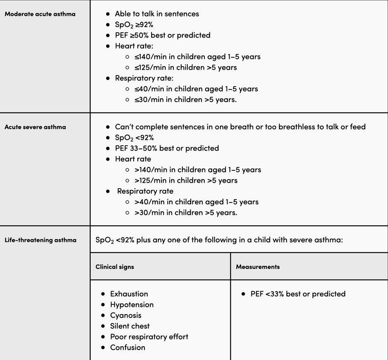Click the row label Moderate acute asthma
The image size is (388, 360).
coord(40,14)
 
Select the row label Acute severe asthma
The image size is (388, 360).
coord(35,127)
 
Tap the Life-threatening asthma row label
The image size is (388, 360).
coord(40,240)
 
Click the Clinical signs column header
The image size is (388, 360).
coord(115,267)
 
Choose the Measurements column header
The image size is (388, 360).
coord(258,267)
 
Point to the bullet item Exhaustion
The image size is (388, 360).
coord(129,294)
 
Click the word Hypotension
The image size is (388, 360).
coord(132,305)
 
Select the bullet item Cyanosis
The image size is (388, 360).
coord(125,315)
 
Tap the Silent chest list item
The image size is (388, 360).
coord(130,326)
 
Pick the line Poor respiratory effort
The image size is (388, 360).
coord(149,337)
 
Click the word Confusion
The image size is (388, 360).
coord(128,348)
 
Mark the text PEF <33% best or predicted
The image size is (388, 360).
coord(298,294)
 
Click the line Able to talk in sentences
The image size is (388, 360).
coord(157,14)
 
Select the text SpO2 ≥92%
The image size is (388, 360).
coord(134,25)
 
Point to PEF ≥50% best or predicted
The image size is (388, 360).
coord(163,35)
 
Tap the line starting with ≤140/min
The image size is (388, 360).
coord(197,57)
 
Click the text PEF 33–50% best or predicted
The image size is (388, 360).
coord(167,148)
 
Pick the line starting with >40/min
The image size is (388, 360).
coord(196,202)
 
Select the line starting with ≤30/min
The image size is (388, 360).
coord(185,100)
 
